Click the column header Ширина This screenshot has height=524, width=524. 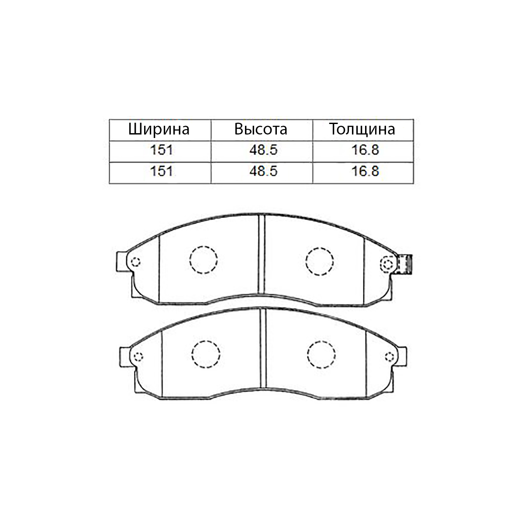(x=159, y=129)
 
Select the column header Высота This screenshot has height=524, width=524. (x=261, y=129)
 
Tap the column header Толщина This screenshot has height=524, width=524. (x=362, y=129)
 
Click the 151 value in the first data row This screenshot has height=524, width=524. (x=162, y=150)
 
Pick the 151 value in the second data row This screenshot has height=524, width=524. (x=162, y=171)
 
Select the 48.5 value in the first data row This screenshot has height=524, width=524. (x=263, y=150)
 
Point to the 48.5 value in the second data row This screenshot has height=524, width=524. (x=263, y=171)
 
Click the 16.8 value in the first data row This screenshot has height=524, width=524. (x=365, y=150)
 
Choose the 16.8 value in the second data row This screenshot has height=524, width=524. (x=365, y=171)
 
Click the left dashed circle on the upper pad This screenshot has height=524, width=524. (x=203, y=246)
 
